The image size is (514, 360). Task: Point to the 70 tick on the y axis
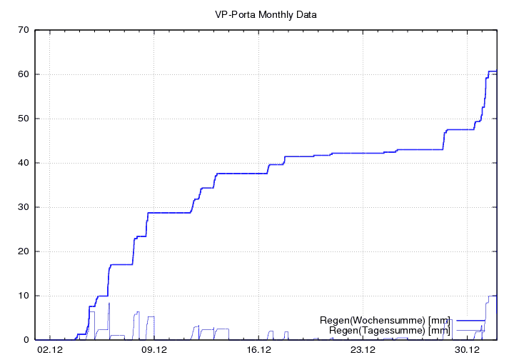coord(24,30)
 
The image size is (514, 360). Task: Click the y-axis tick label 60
coord(24,74)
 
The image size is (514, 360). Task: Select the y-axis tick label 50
coord(24,119)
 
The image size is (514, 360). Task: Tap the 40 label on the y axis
coord(24,163)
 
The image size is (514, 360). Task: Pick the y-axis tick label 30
coord(24,207)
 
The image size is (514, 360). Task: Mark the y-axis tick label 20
coord(24,251)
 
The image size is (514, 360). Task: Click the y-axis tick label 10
coord(24,296)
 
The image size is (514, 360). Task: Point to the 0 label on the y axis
coord(26,340)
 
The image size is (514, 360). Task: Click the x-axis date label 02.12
coord(50,350)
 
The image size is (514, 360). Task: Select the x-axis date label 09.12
coord(154,350)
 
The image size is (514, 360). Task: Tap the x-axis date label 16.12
coord(258,350)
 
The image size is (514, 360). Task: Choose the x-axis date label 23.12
coord(363,350)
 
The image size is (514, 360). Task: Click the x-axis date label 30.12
coord(467,350)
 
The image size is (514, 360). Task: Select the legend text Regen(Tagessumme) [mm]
coord(389,330)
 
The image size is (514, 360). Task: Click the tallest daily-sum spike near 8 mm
coord(109,304)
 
